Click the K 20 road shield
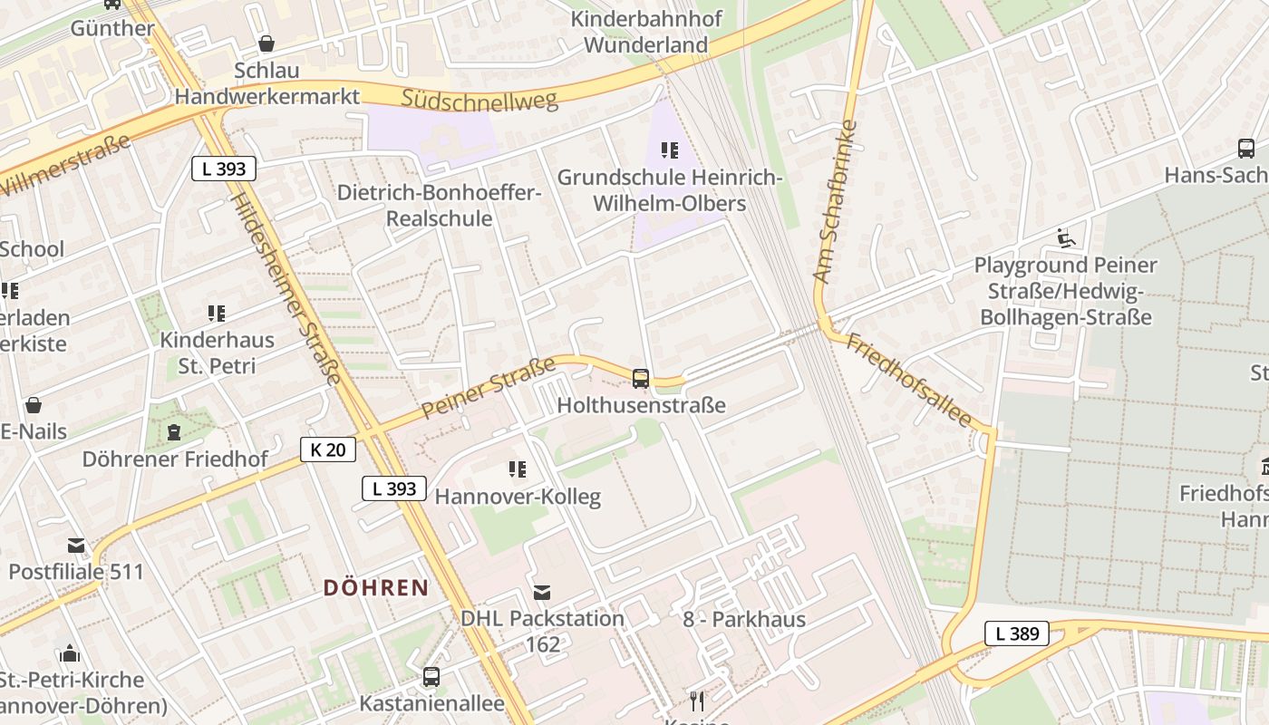tap(328, 449)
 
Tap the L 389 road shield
tap(1017, 633)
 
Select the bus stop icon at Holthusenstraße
tap(641, 379)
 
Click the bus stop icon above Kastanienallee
tap(431, 677)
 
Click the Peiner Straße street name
tap(489, 389)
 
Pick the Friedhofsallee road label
tap(909, 381)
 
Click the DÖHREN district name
tap(376, 587)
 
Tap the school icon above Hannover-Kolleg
tap(518, 469)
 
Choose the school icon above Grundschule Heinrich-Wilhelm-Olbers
tap(670, 150)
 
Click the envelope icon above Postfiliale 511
tap(76, 546)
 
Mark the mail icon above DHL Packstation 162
tap(542, 593)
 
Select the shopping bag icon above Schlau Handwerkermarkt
tap(266, 43)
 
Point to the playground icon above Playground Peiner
tap(1066, 238)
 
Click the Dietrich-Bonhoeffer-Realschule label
tap(440, 206)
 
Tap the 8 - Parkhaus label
tap(744, 620)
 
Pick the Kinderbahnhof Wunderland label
tap(645, 32)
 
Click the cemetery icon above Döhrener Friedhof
tap(174, 432)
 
